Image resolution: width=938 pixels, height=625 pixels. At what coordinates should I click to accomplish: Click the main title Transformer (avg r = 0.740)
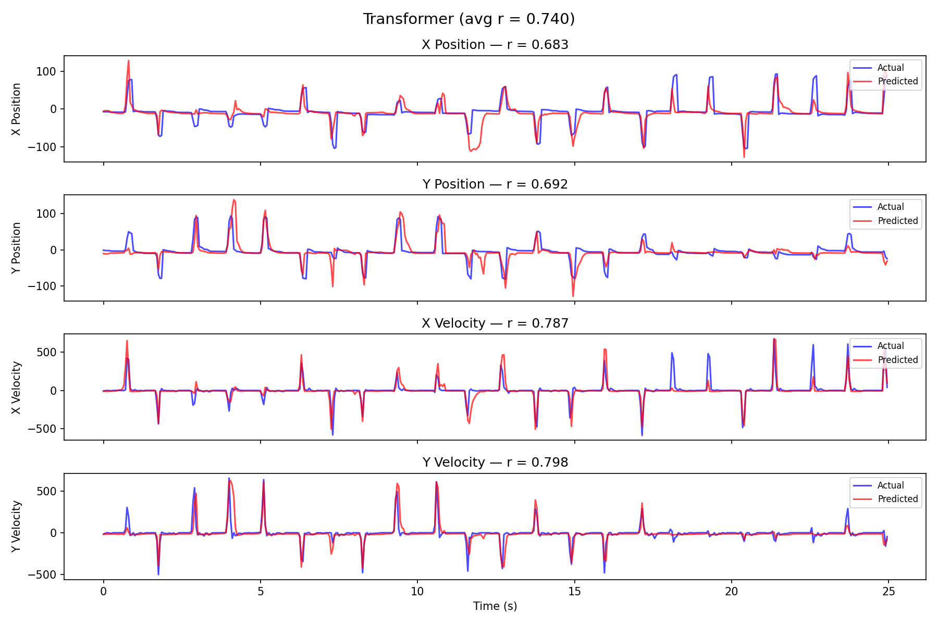(x=469, y=19)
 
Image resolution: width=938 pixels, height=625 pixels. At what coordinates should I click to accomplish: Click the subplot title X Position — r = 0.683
(x=495, y=45)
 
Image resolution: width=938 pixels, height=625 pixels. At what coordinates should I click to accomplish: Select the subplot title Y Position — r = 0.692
(x=495, y=184)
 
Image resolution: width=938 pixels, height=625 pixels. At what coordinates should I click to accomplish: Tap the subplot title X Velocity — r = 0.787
(x=495, y=323)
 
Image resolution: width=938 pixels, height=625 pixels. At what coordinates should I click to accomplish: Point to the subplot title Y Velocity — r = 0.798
(x=495, y=463)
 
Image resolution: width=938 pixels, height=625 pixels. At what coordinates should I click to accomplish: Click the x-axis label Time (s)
(x=495, y=606)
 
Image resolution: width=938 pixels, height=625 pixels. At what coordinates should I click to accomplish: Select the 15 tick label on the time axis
(x=574, y=592)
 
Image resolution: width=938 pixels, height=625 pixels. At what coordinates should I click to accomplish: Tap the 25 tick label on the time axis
(x=888, y=592)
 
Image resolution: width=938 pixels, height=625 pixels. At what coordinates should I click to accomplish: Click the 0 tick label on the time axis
(x=103, y=592)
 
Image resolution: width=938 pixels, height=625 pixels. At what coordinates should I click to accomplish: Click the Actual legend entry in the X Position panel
(x=890, y=68)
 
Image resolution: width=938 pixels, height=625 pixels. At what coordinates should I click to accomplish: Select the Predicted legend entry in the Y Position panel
(x=897, y=221)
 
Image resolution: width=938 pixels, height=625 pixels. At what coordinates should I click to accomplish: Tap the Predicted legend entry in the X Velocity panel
(x=897, y=360)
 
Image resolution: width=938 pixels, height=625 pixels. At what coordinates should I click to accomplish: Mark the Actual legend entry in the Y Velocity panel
(x=890, y=485)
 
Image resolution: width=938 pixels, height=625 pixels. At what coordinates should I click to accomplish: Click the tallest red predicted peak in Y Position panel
(x=234, y=200)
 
